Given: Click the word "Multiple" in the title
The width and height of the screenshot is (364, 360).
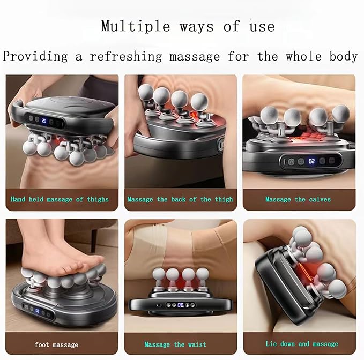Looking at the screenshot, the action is (136, 26).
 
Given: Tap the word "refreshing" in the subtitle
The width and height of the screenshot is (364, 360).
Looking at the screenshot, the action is (126, 56).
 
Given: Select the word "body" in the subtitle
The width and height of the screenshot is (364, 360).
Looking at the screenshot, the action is (344, 56).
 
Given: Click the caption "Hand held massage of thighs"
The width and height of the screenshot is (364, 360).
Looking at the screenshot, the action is (60, 199).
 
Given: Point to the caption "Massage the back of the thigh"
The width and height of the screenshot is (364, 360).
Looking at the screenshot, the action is (180, 199).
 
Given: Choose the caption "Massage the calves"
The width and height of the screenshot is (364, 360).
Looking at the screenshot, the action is (298, 199).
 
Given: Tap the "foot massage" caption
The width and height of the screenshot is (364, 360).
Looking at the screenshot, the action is (56, 344).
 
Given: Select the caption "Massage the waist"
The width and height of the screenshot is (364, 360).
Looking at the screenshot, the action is (175, 344).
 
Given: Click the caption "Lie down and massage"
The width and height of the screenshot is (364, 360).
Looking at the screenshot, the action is (302, 344).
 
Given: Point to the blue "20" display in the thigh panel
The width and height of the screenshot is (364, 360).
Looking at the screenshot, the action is (44, 121).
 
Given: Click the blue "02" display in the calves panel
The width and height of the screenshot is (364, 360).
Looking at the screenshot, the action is (311, 161).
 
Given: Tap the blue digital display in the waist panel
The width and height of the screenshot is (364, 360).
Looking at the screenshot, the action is (181, 305).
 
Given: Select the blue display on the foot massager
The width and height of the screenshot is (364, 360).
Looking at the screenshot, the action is (37, 311).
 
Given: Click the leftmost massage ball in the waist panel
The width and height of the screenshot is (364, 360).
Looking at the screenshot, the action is (159, 275).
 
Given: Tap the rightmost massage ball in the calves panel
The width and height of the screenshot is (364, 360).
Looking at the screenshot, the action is (340, 113).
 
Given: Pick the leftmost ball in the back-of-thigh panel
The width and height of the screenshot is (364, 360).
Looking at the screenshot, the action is (146, 93).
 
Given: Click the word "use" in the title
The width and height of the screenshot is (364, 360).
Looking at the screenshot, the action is (262, 27).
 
